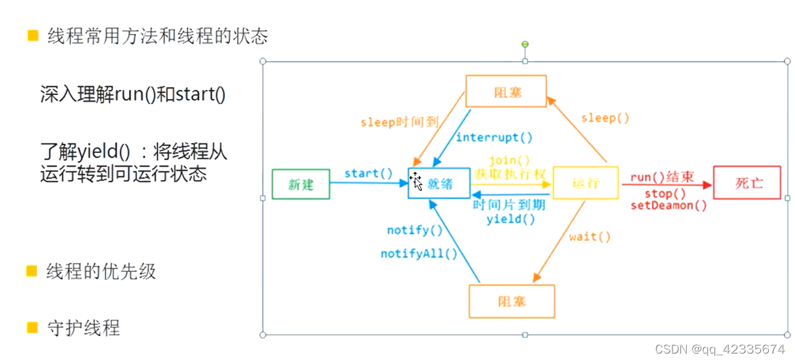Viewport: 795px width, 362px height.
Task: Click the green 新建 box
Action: [301, 184]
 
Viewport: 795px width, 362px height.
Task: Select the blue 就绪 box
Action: [439, 184]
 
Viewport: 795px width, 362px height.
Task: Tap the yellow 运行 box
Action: [585, 183]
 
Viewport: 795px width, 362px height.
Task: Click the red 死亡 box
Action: [747, 182]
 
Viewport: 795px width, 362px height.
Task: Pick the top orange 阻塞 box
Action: [506, 92]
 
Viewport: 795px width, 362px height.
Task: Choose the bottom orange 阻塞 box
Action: [512, 301]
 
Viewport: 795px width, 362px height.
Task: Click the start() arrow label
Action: [369, 173]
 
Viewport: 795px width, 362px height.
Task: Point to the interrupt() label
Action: [494, 137]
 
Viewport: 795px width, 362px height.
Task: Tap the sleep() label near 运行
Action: [605, 118]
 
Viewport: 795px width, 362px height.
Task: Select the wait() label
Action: [590, 237]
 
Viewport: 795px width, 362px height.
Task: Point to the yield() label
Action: [511, 219]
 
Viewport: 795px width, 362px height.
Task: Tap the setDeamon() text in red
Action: [669, 206]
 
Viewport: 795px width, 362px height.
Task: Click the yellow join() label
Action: [510, 160]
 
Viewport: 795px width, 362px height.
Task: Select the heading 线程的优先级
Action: [101, 271]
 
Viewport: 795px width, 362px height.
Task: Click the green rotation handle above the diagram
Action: [525, 44]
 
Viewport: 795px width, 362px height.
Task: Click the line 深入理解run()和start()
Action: [133, 95]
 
